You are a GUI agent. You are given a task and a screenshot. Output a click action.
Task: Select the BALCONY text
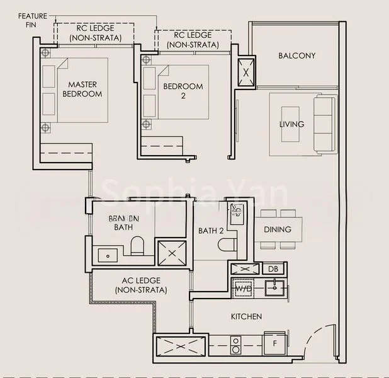(x=296, y=55)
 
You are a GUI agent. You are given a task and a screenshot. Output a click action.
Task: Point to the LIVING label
(x=291, y=124)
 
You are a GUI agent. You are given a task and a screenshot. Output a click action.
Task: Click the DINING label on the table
(x=277, y=229)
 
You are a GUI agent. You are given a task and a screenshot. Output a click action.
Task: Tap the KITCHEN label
(x=246, y=316)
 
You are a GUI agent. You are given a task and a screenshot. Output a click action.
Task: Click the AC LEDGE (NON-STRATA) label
(x=141, y=285)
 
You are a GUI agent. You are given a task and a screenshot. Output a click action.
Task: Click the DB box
(x=273, y=269)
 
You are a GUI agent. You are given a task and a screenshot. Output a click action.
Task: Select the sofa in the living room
(x=325, y=124)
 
